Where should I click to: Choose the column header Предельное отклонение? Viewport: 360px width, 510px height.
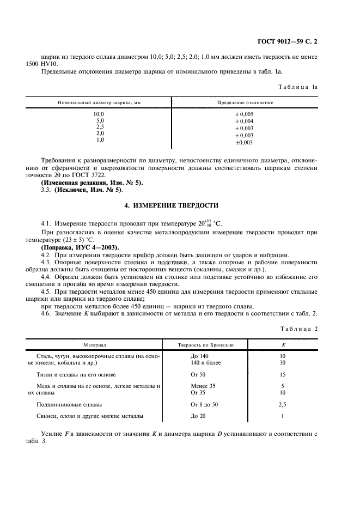tap(245, 102)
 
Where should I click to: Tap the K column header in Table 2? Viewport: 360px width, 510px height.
tap(282, 345)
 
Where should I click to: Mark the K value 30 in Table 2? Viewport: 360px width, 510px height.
tap(282, 362)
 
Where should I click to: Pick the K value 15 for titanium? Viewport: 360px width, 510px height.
tap(282, 375)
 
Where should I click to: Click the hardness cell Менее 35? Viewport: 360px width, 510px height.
tap(203, 386)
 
